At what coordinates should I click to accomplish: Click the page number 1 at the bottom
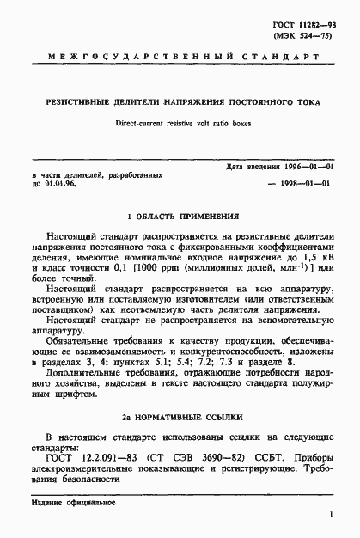(331, 516)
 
